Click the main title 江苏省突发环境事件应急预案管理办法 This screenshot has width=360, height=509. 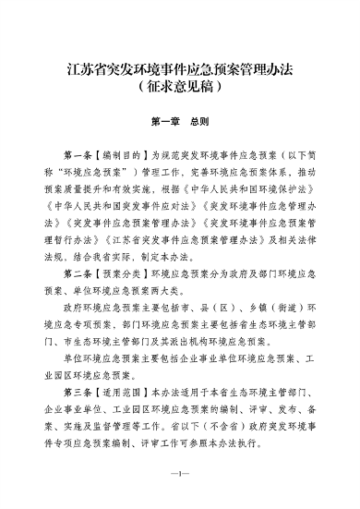180,68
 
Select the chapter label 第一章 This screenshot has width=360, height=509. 160,120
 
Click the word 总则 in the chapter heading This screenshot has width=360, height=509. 198,120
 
